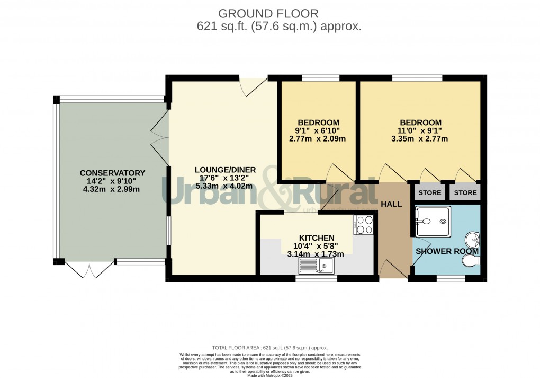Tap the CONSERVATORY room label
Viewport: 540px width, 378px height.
[x=112, y=173]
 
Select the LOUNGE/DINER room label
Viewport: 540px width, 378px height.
[x=226, y=170]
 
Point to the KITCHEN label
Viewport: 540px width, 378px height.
[x=317, y=238]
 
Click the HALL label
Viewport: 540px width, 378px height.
[x=391, y=204]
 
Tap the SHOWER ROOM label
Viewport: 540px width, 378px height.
[x=447, y=251]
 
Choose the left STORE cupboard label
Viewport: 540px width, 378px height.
[x=429, y=192]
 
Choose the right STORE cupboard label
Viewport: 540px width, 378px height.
[x=465, y=192]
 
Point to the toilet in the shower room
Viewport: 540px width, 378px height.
[x=471, y=261]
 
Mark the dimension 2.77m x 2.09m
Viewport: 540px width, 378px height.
[x=318, y=139]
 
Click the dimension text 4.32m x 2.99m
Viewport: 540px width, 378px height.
[x=112, y=190]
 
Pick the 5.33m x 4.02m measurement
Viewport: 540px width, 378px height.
[x=226, y=186]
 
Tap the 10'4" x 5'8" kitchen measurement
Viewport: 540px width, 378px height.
[x=317, y=246]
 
